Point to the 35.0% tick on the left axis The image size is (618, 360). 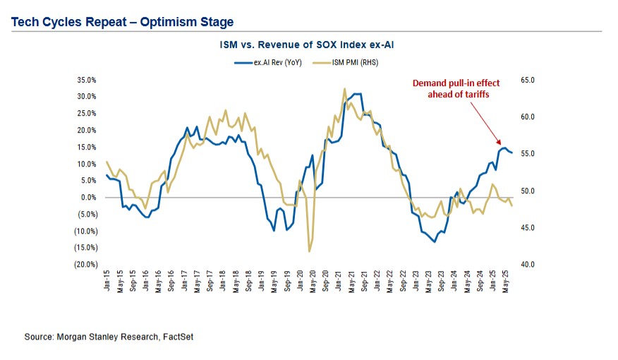(86, 80)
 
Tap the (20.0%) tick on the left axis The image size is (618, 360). (85, 265)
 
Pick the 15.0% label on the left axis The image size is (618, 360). (86, 147)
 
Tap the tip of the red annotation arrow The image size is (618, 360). (499, 143)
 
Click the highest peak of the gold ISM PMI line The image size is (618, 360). (344, 89)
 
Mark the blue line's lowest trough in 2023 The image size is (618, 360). (435, 241)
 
